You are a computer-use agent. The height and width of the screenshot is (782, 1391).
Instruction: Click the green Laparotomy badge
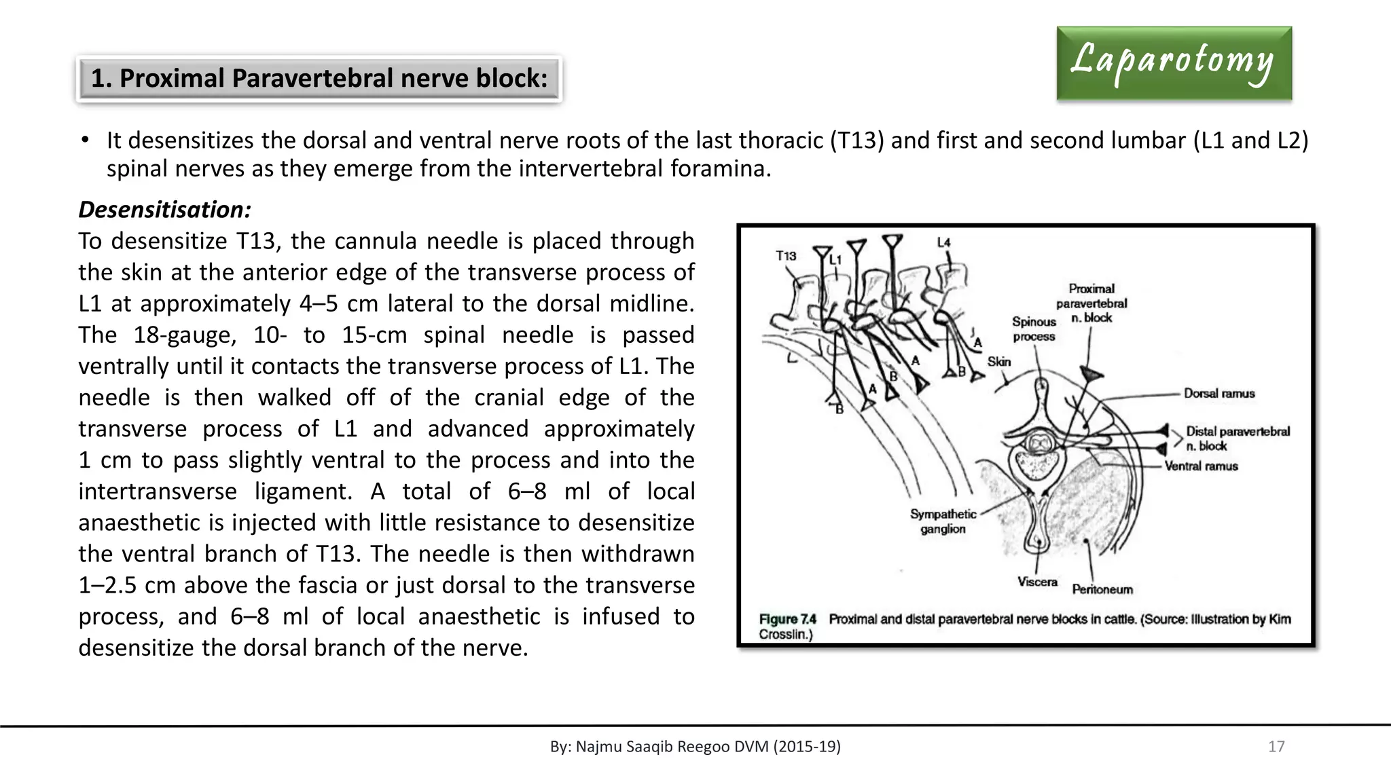tap(1174, 63)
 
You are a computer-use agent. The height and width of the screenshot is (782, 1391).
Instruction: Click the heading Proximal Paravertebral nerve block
tap(319, 79)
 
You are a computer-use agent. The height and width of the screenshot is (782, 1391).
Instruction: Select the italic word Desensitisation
tap(164, 210)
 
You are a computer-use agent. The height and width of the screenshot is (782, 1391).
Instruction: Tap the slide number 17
tap(1276, 747)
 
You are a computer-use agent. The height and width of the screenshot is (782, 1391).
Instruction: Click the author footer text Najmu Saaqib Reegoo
tap(695, 747)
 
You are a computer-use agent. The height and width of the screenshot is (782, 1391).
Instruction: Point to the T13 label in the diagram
tap(786, 256)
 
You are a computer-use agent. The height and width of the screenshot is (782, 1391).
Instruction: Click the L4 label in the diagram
tap(944, 242)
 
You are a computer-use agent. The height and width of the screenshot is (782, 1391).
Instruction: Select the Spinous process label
tap(1034, 329)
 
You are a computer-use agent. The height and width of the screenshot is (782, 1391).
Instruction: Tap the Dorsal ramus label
tap(1219, 394)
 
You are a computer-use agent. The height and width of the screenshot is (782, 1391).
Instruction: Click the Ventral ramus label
tap(1201, 466)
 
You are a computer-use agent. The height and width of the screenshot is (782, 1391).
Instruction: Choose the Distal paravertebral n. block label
tap(1237, 439)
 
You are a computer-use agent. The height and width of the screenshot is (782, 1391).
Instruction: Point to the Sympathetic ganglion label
tap(943, 521)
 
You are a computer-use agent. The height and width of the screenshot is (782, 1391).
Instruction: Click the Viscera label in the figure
tap(1037, 582)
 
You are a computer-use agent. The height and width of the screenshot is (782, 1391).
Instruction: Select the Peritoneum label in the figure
tap(1102, 589)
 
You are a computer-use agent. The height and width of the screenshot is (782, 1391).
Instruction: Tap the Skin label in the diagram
tap(999, 362)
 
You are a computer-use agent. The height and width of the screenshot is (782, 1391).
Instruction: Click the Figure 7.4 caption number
tap(787, 619)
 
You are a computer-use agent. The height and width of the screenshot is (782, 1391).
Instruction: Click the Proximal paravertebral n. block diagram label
tap(1091, 303)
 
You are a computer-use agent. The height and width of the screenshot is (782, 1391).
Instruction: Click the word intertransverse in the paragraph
tap(158, 491)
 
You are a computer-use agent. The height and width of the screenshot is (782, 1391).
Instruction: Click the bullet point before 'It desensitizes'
tap(85, 141)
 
